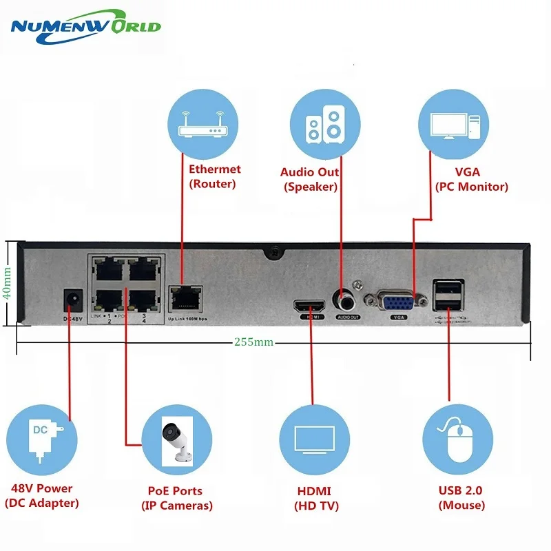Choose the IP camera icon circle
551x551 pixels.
pyautogui.click(x=176, y=441)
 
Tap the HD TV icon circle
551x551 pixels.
pyautogui.click(x=313, y=441)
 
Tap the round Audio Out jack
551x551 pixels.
pyautogui.click(x=344, y=299)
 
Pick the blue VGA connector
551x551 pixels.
pyautogui.click(x=399, y=302)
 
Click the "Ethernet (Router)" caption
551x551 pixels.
pyautogui.click(x=215, y=176)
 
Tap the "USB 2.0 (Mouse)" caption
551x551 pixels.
pyautogui.click(x=460, y=498)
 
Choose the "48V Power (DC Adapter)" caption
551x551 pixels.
pyautogui.click(x=42, y=496)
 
